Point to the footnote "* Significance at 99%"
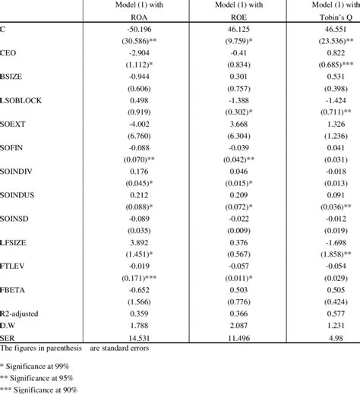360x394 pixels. (x=36, y=365)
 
